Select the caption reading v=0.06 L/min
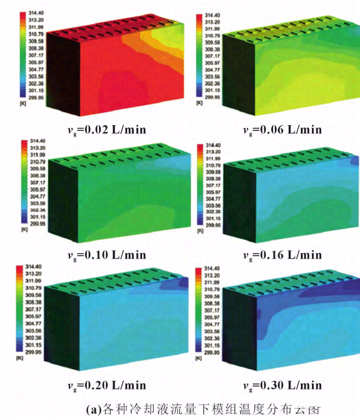tap(282, 129)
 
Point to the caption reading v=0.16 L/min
tap(282, 254)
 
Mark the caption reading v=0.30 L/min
tap(282, 385)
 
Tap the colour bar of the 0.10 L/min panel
tap(23, 182)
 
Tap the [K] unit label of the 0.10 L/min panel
tap(23, 230)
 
